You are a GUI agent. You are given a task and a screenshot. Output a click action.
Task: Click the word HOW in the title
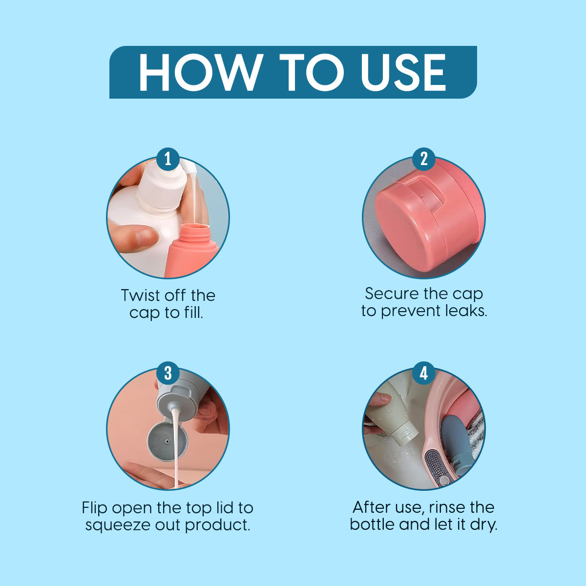(x=201, y=72)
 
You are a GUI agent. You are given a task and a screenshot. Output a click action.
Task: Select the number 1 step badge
(x=168, y=159)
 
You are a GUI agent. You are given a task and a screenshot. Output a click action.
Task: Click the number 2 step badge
(x=424, y=159)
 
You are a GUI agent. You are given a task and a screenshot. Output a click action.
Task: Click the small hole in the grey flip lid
(x=167, y=440)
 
